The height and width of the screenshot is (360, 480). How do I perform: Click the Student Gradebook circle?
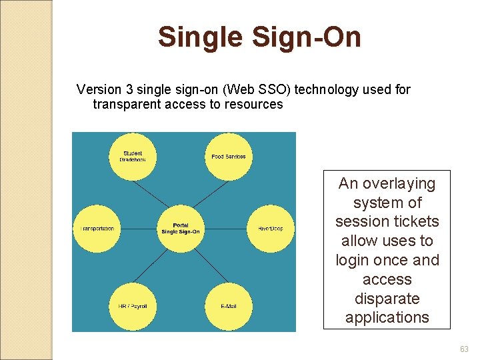(133, 157)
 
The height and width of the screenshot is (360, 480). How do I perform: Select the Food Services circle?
(228, 157)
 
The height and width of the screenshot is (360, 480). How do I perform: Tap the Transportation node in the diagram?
(97, 229)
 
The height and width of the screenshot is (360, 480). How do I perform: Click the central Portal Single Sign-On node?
(181, 229)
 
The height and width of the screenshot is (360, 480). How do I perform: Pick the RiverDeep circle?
(270, 229)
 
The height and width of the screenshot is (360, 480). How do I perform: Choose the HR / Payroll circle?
(133, 306)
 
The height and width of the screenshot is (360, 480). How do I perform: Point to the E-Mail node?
(228, 306)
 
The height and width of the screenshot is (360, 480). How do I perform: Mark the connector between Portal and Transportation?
(139, 229)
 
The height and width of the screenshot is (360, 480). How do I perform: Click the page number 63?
(464, 349)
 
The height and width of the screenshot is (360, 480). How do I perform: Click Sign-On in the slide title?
(305, 37)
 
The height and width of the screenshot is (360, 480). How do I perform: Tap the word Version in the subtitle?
(99, 89)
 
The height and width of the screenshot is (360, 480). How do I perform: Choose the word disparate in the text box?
(387, 299)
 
